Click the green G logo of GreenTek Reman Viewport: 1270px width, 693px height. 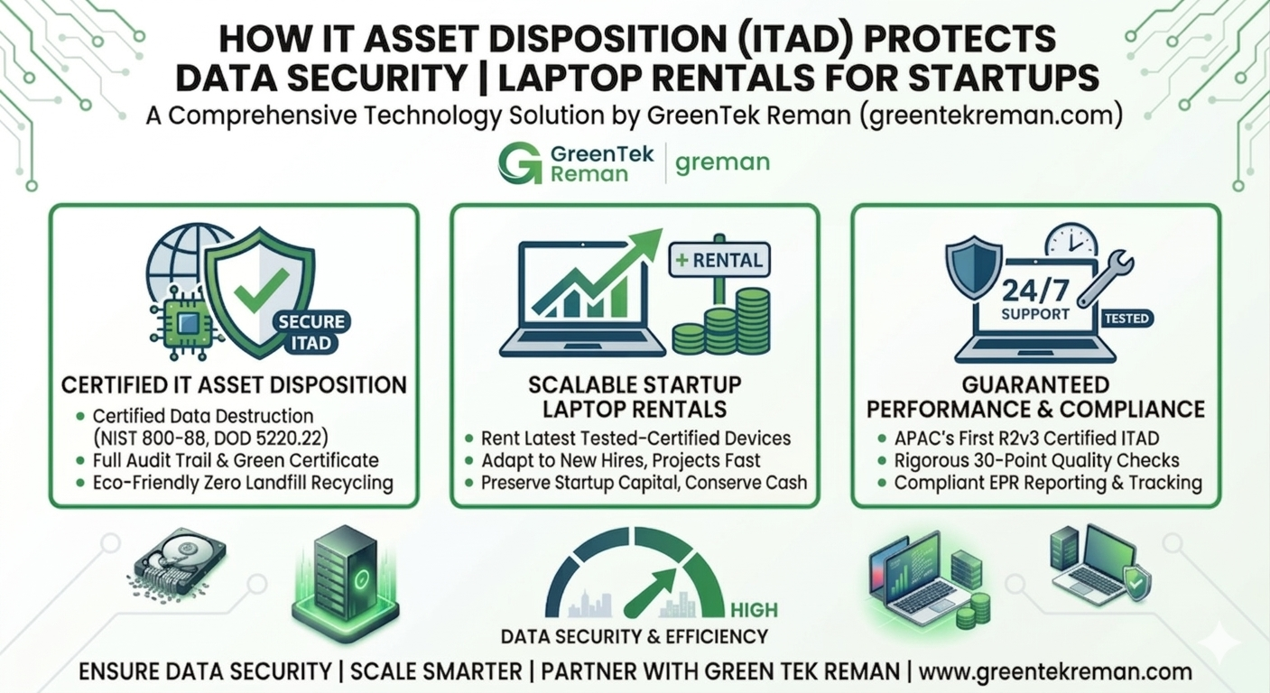coord(519,163)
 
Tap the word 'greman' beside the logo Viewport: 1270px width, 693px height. coord(722,163)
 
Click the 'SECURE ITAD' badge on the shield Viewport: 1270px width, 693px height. coord(311,332)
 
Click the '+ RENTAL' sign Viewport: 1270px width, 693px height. coord(719,260)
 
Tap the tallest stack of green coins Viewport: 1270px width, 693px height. coord(753,320)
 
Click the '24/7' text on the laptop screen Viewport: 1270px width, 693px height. coord(1034,291)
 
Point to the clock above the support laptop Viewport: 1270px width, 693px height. coord(1071,242)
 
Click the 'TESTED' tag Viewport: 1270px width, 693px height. coord(1126,319)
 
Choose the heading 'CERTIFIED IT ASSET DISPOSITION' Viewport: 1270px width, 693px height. coord(234,385)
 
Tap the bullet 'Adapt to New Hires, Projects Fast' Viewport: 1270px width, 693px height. coord(620,460)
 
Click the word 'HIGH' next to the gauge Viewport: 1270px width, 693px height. coord(754,610)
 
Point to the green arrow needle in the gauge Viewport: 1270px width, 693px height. coord(650,593)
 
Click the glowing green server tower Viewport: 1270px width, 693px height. coord(346,583)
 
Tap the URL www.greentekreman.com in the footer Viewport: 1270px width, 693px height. coord(1054,672)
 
